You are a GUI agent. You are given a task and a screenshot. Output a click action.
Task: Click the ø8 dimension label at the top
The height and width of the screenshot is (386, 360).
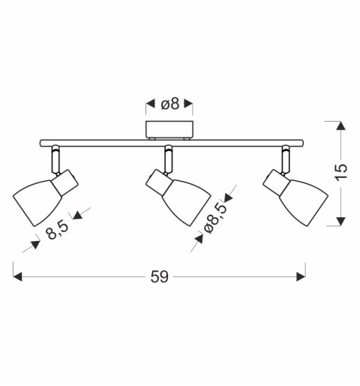170,104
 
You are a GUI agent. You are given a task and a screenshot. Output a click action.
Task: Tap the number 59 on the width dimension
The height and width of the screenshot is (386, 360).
160,277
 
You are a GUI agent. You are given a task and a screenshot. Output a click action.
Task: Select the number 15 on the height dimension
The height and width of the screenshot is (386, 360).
341,172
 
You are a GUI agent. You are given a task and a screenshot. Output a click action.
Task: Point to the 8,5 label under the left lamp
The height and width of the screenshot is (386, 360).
57,231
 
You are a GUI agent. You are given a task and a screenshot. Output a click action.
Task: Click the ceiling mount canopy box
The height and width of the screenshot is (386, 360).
169,130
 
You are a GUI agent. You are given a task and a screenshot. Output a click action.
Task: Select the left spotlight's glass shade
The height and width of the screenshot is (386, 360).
37,202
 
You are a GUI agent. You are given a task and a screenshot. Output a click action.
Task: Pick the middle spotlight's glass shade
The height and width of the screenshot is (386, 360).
187,202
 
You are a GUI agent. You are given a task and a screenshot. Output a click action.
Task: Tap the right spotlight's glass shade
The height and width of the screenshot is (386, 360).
304,202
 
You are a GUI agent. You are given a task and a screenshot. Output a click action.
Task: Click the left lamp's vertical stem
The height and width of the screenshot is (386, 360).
55,160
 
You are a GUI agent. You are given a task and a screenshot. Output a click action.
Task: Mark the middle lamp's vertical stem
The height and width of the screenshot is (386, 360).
169,160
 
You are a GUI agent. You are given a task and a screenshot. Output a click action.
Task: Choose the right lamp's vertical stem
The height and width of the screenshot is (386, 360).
286,160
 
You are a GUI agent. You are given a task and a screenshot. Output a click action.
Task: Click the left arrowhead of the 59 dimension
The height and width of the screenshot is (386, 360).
17,277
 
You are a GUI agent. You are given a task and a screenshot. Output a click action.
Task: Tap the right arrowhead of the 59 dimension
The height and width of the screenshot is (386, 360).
301,277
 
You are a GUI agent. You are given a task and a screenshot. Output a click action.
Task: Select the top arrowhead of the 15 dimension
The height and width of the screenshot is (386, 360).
341,125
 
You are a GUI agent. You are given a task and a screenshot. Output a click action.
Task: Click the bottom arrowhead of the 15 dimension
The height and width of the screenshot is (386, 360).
341,222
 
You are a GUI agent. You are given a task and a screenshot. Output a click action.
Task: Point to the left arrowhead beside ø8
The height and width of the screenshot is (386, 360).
151,104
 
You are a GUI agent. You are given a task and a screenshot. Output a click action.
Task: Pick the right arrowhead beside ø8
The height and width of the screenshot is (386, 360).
188,104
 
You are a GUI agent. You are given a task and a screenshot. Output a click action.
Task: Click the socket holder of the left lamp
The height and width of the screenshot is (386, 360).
65,182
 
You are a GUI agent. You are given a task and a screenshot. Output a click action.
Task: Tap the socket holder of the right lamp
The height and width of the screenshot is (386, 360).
276,182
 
